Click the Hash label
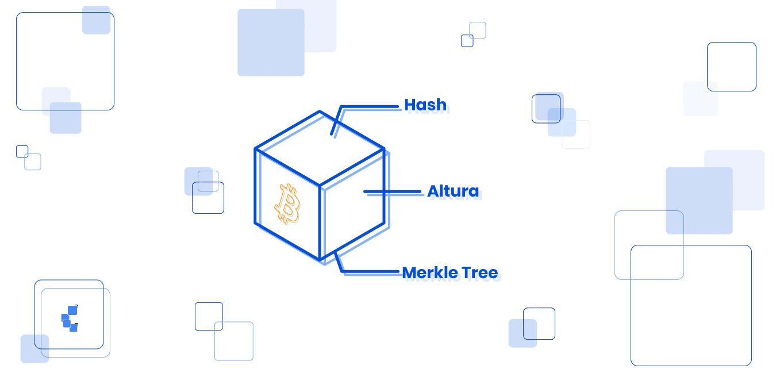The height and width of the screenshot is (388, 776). point(425,105)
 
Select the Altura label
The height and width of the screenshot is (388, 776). point(453,191)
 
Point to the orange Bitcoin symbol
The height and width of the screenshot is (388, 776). point(287,203)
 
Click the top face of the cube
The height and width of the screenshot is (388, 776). point(320,148)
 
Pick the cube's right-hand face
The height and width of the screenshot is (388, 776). point(352,205)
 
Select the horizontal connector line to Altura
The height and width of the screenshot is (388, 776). point(392,191)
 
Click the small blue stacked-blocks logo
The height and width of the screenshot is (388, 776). point(70,318)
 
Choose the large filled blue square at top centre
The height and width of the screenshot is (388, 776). point(271,43)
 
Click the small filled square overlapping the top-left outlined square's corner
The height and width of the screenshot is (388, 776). point(96,20)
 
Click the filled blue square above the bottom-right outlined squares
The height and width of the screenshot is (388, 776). point(699,201)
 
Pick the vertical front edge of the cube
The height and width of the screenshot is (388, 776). point(320,223)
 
